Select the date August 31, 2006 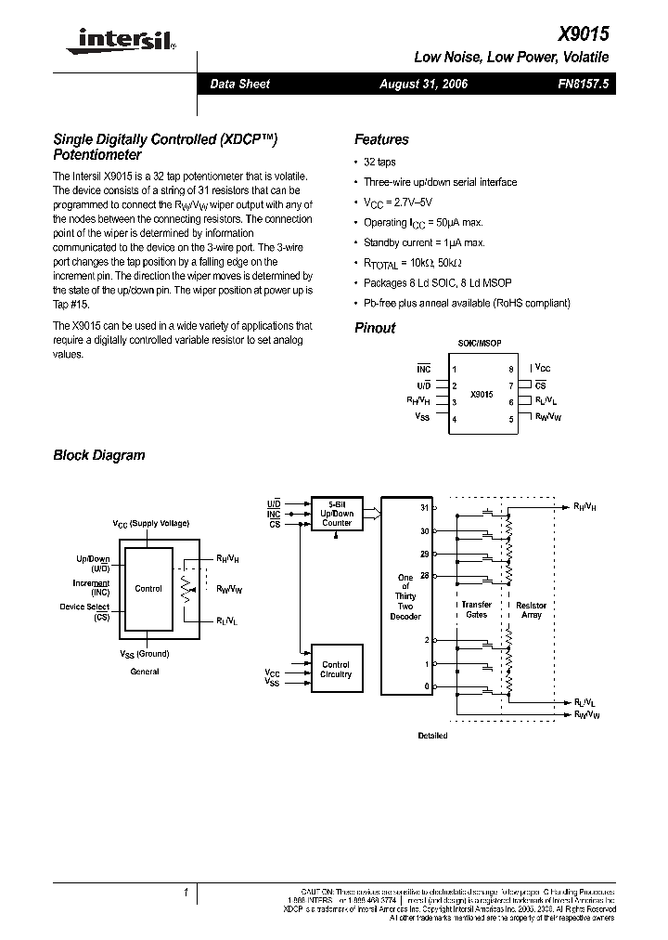[x=424, y=84]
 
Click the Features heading [x=381, y=139]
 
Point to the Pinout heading [x=375, y=328]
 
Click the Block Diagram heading [x=99, y=455]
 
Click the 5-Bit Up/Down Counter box [x=336, y=514]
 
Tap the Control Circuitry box [x=336, y=669]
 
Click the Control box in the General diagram [x=148, y=588]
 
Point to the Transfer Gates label [x=476, y=610]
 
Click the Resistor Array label [x=532, y=610]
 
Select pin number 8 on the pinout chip [x=511, y=369]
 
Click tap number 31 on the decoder [x=426, y=508]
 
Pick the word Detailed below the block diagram [x=432, y=735]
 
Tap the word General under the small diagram [x=145, y=671]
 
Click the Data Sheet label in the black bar [x=239, y=84]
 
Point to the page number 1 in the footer [x=186, y=893]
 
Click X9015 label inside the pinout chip [x=482, y=394]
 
